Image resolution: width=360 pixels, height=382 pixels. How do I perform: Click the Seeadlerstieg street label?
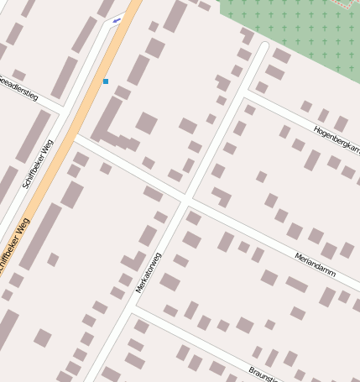pyautogui.click(x=18, y=91)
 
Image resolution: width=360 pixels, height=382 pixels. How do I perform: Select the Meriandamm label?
pyautogui.click(x=315, y=264)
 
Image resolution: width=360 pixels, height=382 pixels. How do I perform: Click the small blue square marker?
pyautogui.click(x=106, y=81)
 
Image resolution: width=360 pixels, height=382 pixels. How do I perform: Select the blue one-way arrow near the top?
pyautogui.click(x=116, y=19)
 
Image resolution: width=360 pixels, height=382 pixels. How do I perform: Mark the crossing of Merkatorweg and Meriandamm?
pyautogui.click(x=185, y=201)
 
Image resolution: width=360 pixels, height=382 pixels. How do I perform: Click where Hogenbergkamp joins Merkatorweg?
pyautogui.click(x=245, y=92)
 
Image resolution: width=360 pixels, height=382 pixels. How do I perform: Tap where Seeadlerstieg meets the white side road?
pyautogui.click(x=64, y=109)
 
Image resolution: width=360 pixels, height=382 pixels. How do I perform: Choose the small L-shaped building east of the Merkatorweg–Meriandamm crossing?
pyautogui.click(x=222, y=196)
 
